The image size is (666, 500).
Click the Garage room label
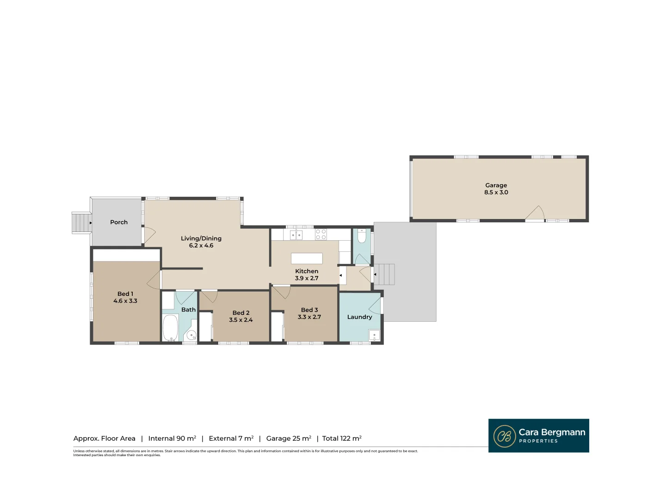(x=496, y=185)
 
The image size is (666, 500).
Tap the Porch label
(x=119, y=222)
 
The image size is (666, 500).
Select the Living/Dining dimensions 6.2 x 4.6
(x=201, y=246)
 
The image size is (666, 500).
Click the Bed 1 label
(x=125, y=294)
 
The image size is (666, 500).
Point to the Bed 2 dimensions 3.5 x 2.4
(x=241, y=320)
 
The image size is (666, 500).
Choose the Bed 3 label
(x=309, y=310)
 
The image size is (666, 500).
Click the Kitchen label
(x=307, y=271)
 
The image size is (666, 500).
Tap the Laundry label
(x=359, y=317)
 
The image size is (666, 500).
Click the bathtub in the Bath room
(x=170, y=328)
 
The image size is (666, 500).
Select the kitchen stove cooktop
(x=321, y=234)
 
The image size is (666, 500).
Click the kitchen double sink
(x=296, y=235)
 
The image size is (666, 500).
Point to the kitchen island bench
(x=307, y=258)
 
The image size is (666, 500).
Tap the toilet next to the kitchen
(x=362, y=237)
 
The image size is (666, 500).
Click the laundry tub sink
(x=374, y=335)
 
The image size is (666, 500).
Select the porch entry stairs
(x=81, y=223)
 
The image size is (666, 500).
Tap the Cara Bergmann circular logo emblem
(x=505, y=436)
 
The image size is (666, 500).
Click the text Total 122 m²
(x=342, y=438)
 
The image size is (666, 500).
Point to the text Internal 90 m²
(x=172, y=438)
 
